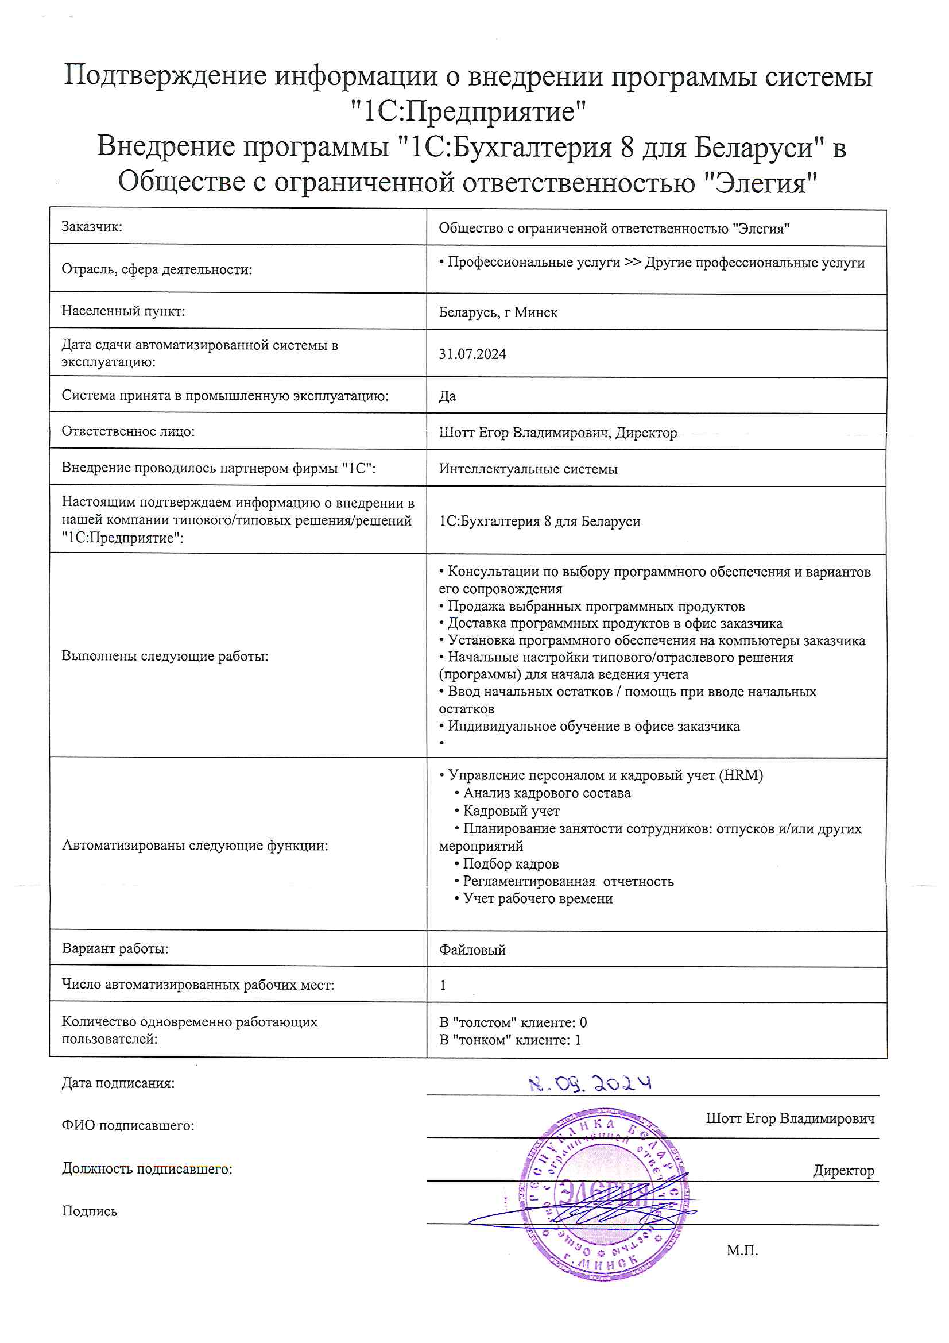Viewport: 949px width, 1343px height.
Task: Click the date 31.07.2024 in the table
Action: [x=472, y=354]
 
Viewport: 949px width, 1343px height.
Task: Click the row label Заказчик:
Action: [x=92, y=227]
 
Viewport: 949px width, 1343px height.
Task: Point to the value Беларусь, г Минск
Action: [x=498, y=312]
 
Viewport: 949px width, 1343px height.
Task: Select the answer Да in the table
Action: [x=447, y=396]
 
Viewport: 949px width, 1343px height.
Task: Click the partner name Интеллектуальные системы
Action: [x=528, y=469]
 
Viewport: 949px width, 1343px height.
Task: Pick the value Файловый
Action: [x=472, y=950]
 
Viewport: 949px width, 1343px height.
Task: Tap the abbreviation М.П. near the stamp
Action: [x=742, y=1251]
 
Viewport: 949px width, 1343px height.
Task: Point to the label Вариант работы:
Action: [x=115, y=948]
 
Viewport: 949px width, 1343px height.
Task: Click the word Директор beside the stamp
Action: [x=843, y=1170]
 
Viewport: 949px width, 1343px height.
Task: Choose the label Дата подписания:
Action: [x=118, y=1083]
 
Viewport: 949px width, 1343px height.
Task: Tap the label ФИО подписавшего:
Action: [x=128, y=1125]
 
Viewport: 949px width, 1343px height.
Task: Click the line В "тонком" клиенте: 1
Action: [x=510, y=1040]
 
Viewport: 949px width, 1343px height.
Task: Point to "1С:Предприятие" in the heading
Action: [x=468, y=111]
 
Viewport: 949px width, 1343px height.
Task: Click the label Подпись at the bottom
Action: [x=90, y=1211]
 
